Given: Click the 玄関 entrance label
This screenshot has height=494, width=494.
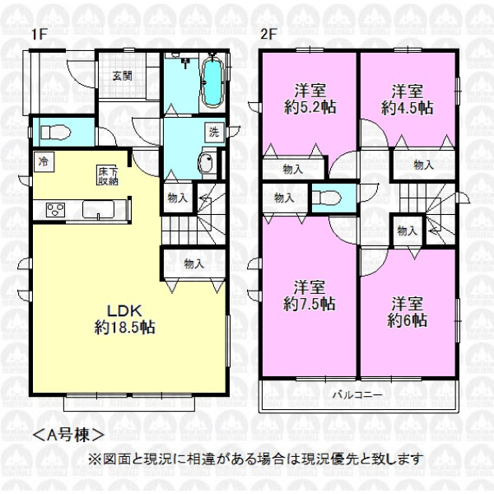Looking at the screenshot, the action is (122, 76).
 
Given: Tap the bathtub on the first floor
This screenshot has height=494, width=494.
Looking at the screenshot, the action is (212, 82).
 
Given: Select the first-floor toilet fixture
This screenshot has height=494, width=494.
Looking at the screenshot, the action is (55, 132).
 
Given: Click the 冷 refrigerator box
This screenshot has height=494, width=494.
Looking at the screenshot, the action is (44, 162).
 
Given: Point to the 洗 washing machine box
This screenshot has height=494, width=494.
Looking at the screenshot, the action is (214, 132).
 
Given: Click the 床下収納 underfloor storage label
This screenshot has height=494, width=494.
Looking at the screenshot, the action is (107, 176).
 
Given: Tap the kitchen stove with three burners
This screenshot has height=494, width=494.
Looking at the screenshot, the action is (55, 209).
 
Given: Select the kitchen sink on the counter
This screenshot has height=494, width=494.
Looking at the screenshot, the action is (99, 209).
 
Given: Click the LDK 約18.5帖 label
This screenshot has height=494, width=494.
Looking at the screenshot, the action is (125, 319).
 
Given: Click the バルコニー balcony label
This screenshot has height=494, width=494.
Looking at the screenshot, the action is (358, 394).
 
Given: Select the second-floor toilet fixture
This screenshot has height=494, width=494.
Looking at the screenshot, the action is (328, 198).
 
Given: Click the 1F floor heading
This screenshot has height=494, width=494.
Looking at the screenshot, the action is (39, 35).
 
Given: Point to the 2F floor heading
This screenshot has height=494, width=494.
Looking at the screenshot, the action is (268, 34).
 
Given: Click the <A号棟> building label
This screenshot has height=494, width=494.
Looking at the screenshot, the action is (68, 435).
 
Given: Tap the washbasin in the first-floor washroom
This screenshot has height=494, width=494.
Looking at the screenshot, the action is (207, 162).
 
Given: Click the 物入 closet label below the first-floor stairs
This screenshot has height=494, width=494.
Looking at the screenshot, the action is (193, 263).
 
